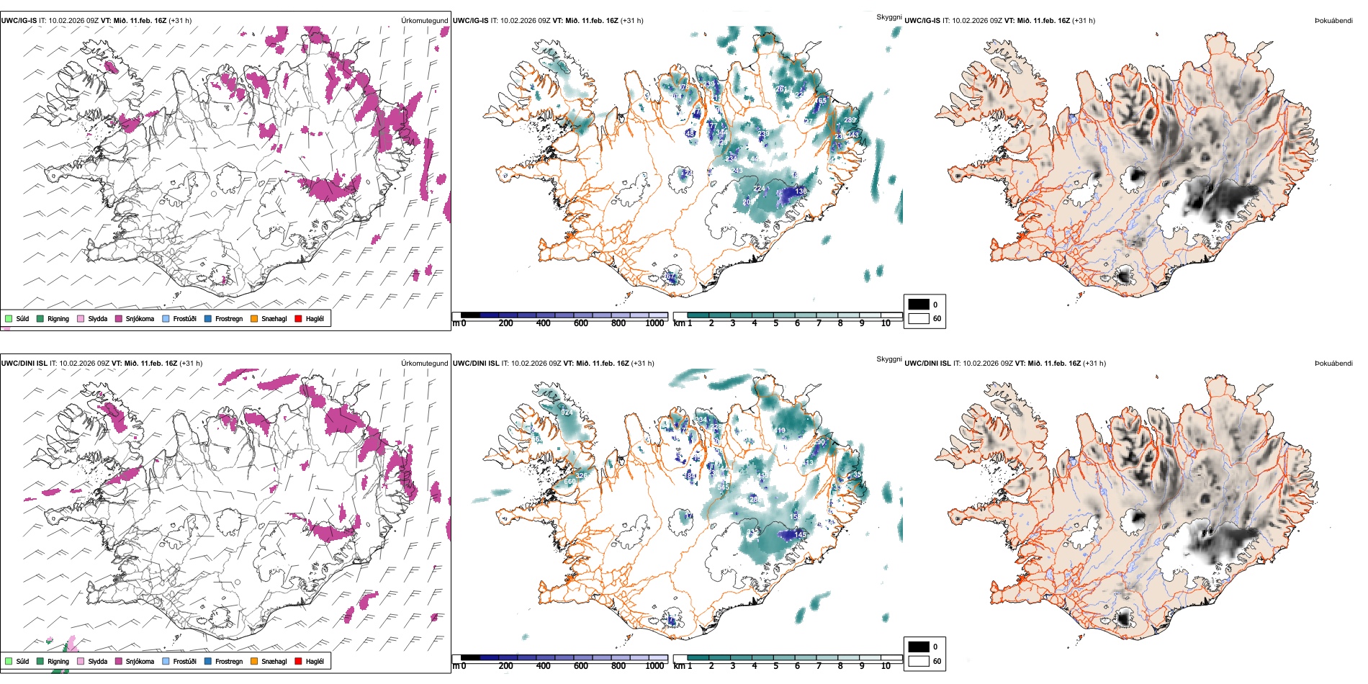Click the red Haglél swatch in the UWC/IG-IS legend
pos(299,318)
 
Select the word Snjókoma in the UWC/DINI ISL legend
pos(140,661)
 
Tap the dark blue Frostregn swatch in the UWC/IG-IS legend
pos(208,318)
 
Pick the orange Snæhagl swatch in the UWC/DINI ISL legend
pos(254,661)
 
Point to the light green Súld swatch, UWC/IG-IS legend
pos(9,318)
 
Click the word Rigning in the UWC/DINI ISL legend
pos(58,661)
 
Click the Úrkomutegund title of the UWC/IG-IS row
pos(424,21)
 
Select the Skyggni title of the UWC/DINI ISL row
pos(888,359)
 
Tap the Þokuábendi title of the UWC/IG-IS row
pos(1333,21)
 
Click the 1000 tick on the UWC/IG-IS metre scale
pos(654,323)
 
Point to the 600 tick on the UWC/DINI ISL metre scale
pos(581,666)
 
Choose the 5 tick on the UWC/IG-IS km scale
pos(775,323)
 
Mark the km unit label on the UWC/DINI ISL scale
pos(678,666)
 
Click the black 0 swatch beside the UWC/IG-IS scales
pos(919,305)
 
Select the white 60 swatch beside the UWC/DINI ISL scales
pos(919,660)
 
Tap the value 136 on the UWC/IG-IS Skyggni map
pos(801,192)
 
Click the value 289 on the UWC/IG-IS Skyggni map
pos(850,120)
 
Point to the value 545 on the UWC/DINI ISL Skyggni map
pos(724,487)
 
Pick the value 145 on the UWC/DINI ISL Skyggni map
pos(801,535)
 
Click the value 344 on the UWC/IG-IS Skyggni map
pos(721,132)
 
